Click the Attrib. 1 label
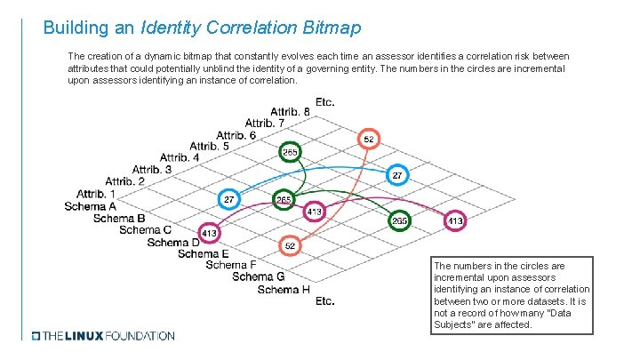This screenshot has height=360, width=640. (96, 193)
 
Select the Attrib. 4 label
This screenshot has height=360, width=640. (180, 157)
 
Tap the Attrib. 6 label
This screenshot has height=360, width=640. (236, 134)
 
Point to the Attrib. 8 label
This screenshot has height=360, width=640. (290, 111)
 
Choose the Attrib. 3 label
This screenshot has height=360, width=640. (152, 169)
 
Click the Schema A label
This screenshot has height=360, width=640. (90, 205)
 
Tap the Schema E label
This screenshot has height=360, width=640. (203, 253)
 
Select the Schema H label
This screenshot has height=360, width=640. (284, 289)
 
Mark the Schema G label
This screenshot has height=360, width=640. (259, 276)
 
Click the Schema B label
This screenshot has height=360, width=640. (118, 217)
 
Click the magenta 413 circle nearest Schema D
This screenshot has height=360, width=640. (209, 233)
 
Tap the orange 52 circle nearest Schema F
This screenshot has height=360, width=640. (290, 244)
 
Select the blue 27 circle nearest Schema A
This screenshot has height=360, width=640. (228, 199)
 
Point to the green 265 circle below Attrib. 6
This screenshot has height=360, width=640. (290, 152)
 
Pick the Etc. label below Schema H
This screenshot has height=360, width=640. (325, 300)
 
